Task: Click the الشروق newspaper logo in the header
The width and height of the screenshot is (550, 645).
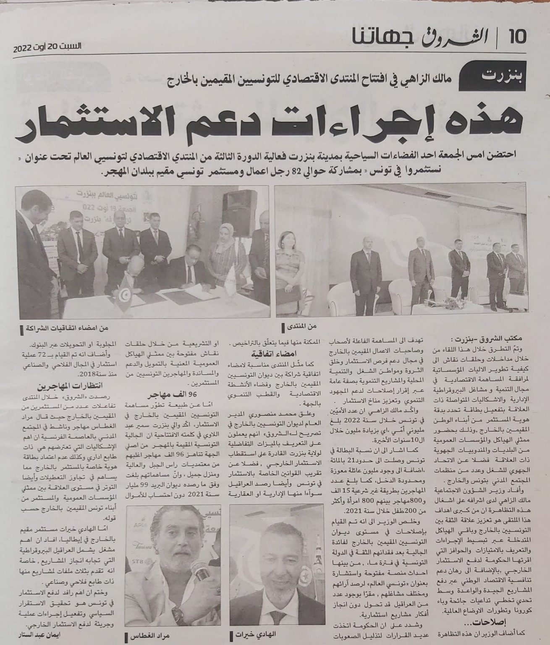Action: point(448,36)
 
